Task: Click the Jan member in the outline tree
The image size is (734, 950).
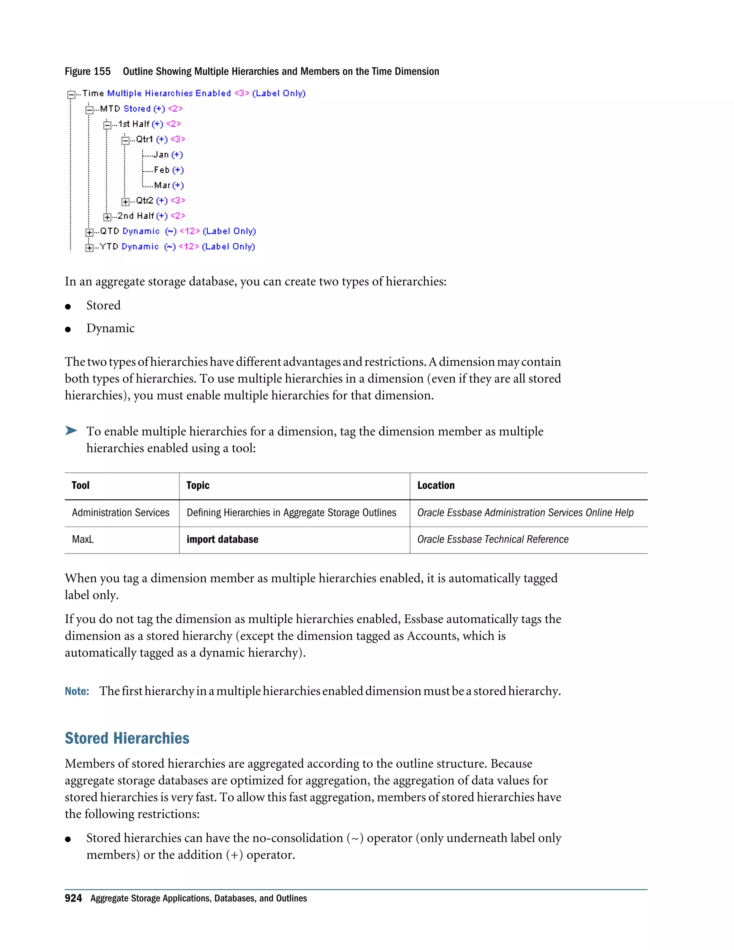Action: tap(161, 155)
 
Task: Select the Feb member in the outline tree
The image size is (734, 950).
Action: tap(161, 170)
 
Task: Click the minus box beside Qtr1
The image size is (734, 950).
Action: tap(125, 140)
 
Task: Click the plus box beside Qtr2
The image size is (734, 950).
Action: tap(125, 201)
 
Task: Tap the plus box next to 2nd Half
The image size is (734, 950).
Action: tap(107, 217)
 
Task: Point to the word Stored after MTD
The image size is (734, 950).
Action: tap(137, 109)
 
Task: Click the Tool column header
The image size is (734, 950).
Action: tap(80, 485)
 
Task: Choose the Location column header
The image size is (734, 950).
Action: tap(436, 485)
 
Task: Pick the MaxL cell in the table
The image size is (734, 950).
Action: tap(83, 540)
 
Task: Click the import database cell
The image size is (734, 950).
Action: tap(222, 540)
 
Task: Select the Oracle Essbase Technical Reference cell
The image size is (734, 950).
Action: tap(493, 540)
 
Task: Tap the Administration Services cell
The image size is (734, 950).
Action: tap(120, 513)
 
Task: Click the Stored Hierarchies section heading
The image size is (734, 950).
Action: tap(127, 738)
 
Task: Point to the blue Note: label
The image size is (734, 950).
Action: tap(77, 691)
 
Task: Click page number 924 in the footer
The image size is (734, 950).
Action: tap(73, 898)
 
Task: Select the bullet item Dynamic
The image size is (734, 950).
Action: tap(110, 328)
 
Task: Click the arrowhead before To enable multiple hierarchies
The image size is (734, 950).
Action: tap(71, 431)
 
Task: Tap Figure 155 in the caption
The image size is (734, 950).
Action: tap(87, 71)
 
